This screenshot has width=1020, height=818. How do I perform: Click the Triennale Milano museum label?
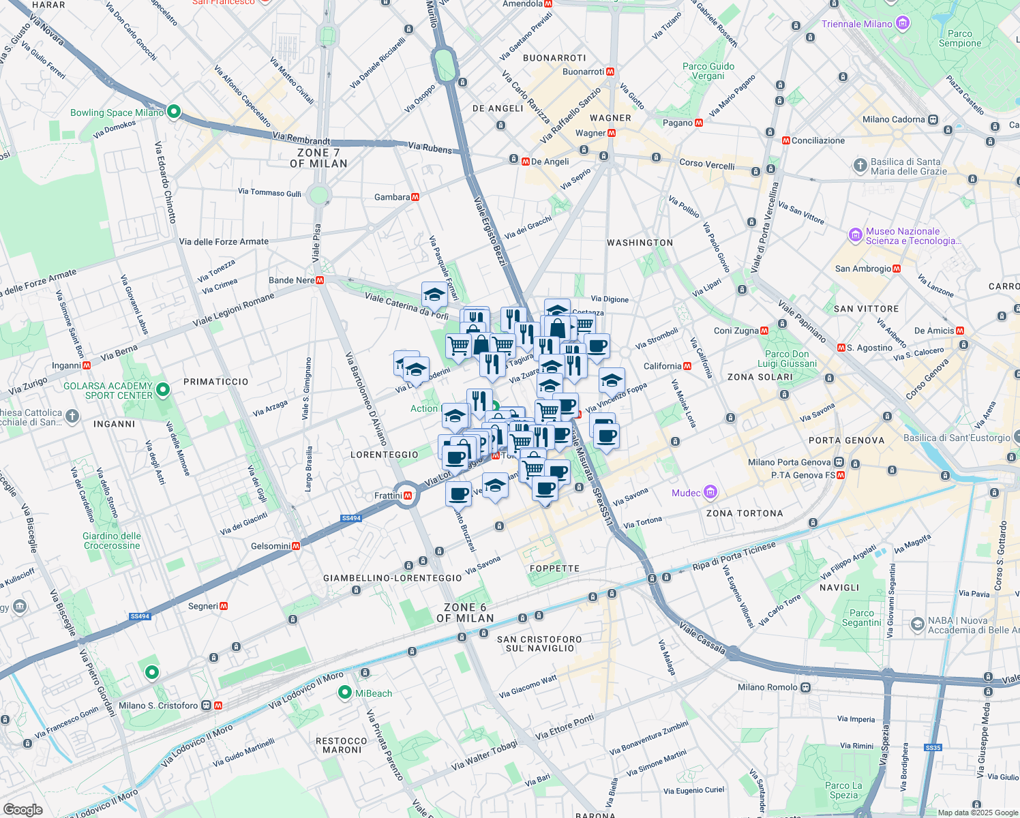click(x=857, y=24)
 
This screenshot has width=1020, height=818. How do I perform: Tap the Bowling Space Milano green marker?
click(x=173, y=112)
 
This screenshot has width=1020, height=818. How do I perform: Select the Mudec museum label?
click(x=687, y=493)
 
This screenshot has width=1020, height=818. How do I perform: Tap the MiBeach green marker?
click(x=345, y=693)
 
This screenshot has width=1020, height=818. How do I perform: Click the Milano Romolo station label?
click(x=768, y=687)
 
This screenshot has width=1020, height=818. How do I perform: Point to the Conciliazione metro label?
click(x=817, y=140)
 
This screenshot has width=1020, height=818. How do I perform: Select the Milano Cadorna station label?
click(x=893, y=119)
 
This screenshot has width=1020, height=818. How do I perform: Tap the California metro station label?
click(x=662, y=366)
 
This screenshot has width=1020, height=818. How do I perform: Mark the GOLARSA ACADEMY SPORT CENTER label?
click(x=108, y=391)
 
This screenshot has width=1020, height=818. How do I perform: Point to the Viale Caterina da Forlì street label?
click(x=406, y=306)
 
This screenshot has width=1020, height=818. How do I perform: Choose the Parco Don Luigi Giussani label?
click(x=787, y=359)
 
